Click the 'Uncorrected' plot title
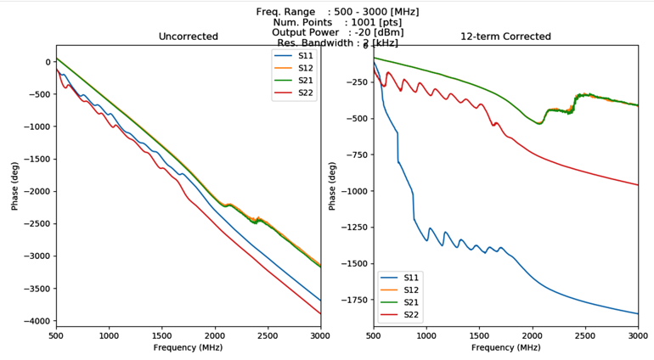click(x=188, y=37)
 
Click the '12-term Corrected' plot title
click(x=505, y=37)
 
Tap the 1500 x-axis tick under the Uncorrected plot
click(x=161, y=336)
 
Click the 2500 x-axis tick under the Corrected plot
click(x=585, y=336)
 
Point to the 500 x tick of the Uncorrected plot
click(x=56, y=336)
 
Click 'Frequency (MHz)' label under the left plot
click(x=188, y=348)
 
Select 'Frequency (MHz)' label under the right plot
click(x=505, y=348)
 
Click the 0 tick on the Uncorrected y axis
click(x=48, y=61)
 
